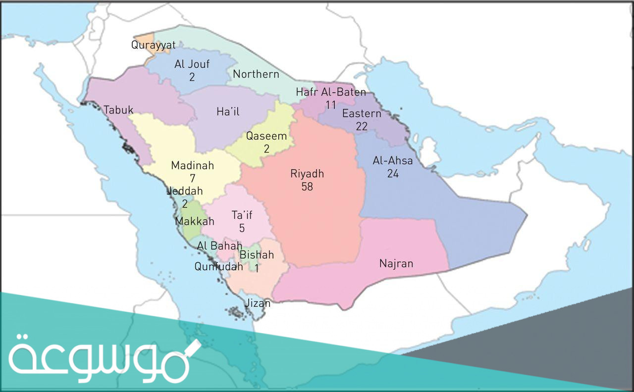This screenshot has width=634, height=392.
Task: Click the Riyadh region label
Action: pos(307,174)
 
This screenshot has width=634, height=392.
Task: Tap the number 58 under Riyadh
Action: pos(307,187)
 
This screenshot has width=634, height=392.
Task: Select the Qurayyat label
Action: pos(153,45)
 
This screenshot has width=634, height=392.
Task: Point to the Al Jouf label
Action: pos(192,64)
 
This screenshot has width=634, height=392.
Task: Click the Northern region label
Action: pos(256,74)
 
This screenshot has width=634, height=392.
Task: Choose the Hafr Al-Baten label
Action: pos(331,92)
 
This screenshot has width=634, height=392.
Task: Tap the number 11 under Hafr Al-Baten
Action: pos(331,104)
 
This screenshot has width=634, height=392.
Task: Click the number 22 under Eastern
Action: pos(362,127)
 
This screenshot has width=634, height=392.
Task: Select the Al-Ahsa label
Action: pos(393,161)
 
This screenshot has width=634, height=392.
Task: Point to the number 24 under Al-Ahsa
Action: pos(393,174)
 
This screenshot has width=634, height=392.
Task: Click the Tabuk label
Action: pos(118,110)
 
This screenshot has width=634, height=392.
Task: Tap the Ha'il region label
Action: pos(228,112)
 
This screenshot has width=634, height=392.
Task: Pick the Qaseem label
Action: pos(266,136)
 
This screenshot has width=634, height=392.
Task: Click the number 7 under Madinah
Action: pos(192,178)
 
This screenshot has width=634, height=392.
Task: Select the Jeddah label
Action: pos(185,191)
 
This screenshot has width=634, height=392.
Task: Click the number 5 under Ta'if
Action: pos(242,228)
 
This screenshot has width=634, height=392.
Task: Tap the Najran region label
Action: pos(396,263)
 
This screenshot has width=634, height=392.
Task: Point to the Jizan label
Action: pos(259,303)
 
